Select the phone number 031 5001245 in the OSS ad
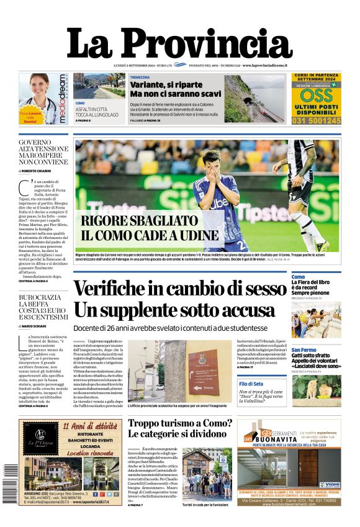coord(317,120)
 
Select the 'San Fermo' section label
coord(304,351)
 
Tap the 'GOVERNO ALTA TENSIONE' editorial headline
coord(43,150)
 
